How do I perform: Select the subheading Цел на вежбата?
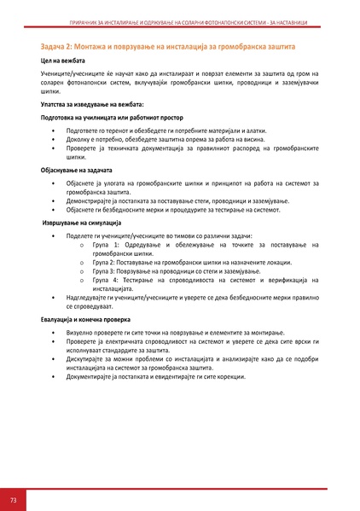[x=62, y=61]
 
